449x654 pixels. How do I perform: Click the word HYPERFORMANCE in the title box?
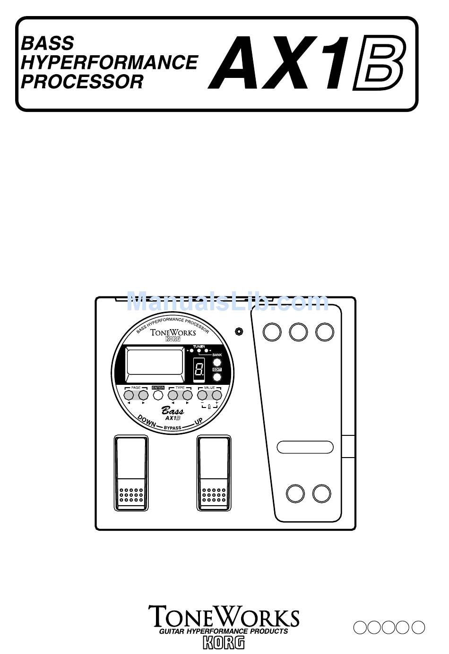(x=110, y=62)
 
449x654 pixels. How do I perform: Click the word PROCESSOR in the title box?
(x=82, y=82)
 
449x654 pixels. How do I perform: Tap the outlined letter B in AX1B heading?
(x=378, y=64)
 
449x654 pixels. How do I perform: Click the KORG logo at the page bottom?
(x=224, y=643)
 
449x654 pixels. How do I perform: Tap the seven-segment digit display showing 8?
(x=199, y=367)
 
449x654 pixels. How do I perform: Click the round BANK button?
(x=217, y=362)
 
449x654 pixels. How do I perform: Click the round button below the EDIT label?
(x=217, y=377)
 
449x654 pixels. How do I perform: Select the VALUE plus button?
(x=216, y=395)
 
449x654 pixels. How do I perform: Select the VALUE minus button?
(x=202, y=395)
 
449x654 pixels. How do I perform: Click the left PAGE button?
(x=129, y=395)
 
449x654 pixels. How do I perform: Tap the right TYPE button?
(x=187, y=395)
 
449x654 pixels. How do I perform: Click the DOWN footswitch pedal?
(x=131, y=473)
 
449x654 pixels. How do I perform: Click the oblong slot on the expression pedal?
(x=305, y=447)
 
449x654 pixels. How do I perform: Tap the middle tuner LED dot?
(x=199, y=351)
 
